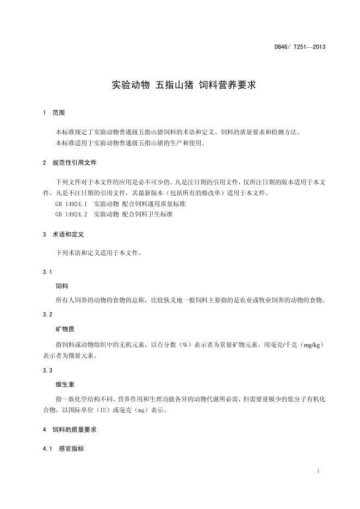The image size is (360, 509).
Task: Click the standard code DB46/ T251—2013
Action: click(x=300, y=47)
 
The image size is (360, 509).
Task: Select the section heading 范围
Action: click(x=58, y=113)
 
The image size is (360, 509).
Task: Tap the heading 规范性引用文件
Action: click(x=75, y=163)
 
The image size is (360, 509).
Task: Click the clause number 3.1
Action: click(x=47, y=271)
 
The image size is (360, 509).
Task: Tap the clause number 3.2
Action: click(x=47, y=315)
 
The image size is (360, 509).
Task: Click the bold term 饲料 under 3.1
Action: click(x=61, y=285)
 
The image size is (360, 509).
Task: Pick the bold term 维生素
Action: click(x=65, y=384)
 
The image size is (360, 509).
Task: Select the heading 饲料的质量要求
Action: click(x=75, y=430)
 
